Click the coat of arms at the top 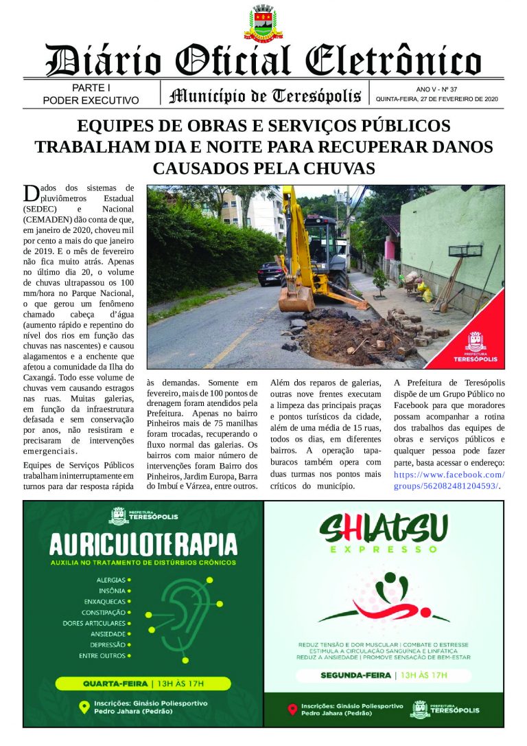tap(263, 23)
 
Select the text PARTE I tap(91, 88)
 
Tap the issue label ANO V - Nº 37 tap(436, 89)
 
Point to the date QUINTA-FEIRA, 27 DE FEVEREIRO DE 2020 tap(436, 100)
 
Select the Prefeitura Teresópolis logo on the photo tap(475, 347)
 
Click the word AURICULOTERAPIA tap(143, 545)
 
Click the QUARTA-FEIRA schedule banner tap(143, 684)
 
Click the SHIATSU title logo tap(384, 528)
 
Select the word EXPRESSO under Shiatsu tap(383, 550)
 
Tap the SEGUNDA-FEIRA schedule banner tap(384, 675)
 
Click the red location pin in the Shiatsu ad tap(292, 710)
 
